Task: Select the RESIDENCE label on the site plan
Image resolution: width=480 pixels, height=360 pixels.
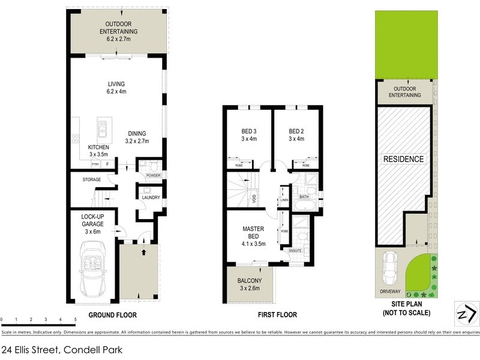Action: point(404,159)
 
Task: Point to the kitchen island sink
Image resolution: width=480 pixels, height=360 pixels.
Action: point(103,127)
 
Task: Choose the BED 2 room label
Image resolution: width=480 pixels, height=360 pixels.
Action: point(296,135)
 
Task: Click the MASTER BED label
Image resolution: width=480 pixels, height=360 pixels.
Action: point(253,233)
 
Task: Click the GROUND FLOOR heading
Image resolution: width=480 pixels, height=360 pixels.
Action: point(112,315)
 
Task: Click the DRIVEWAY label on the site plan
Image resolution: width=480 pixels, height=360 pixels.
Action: point(391,292)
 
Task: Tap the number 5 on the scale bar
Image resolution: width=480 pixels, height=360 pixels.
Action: point(75,319)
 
